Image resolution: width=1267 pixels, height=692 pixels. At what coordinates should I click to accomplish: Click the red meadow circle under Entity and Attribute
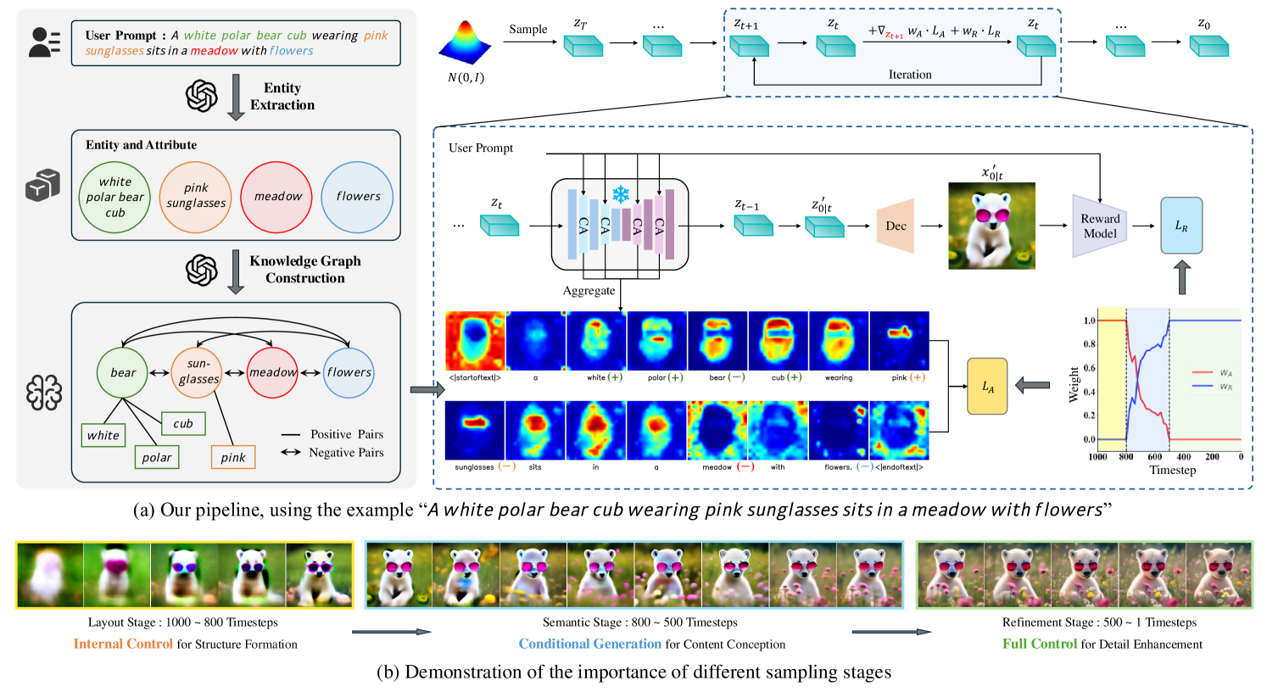276,197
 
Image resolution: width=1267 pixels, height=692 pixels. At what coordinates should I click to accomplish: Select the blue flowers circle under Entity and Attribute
357,197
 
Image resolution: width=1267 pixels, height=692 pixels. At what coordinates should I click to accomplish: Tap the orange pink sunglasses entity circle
196,197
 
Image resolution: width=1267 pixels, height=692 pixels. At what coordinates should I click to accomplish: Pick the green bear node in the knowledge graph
123,372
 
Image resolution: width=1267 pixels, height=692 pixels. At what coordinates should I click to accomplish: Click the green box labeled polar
157,457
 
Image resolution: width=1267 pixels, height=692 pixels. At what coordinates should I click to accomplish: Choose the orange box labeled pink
233,457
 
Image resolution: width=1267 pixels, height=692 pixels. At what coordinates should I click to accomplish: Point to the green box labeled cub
183,423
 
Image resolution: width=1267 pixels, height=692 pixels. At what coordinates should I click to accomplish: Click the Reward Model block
1099,226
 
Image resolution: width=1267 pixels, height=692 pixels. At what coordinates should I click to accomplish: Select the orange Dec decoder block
895,226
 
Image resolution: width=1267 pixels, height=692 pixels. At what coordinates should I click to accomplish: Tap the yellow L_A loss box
987,387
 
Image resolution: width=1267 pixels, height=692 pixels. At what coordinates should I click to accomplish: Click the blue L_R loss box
1180,226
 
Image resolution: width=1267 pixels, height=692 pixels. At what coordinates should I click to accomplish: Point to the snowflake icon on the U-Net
621,195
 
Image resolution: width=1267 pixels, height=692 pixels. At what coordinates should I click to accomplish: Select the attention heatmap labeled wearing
839,341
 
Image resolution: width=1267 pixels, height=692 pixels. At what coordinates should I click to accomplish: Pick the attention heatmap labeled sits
535,430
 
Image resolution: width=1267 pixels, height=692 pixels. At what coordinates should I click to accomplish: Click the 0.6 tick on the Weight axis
1089,368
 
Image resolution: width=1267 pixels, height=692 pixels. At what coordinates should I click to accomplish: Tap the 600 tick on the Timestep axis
1155,457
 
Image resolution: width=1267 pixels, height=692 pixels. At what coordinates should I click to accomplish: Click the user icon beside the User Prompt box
44,42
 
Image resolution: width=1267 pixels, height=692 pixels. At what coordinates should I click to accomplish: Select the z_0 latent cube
1208,45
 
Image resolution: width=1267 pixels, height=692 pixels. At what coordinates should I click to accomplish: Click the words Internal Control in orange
123,644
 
